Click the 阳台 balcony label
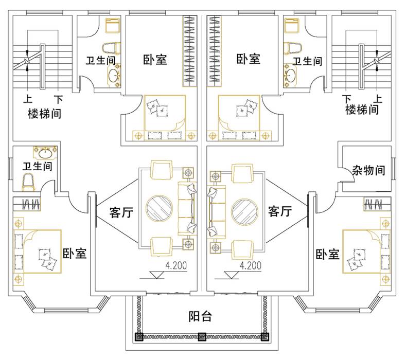[x=200, y=316]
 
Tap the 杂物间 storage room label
[x=369, y=170]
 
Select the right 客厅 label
[x=280, y=211]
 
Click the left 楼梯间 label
[x=44, y=113]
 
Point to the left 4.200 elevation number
[x=176, y=266]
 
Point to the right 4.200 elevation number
[x=251, y=266]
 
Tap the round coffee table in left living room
[x=161, y=209]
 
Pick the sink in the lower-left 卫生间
[x=46, y=152]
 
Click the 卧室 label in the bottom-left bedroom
[x=75, y=254]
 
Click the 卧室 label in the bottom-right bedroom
[x=327, y=254]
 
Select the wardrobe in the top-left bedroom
[x=190, y=51]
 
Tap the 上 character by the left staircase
[x=26, y=98]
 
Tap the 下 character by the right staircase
[x=347, y=98]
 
